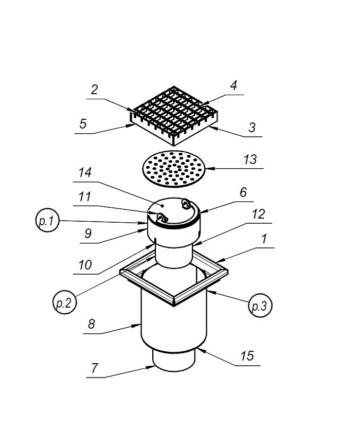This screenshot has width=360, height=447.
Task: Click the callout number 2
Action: [94, 90]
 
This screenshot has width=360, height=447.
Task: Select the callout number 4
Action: [233, 85]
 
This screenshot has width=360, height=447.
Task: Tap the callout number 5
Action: [83, 124]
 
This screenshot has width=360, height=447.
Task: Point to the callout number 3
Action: [251, 128]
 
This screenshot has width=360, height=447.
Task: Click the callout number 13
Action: [250, 159]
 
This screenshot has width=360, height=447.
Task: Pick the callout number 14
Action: [85, 172]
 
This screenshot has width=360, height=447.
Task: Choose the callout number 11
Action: [85, 196]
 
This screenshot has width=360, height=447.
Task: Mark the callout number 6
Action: [243, 192]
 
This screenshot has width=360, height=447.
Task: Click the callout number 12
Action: [258, 214]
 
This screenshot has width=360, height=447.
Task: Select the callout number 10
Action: [85, 265]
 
